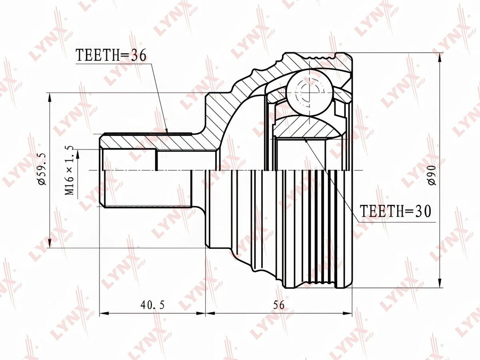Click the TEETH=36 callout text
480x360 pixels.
click(111, 55)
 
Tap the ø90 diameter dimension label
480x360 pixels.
click(432, 176)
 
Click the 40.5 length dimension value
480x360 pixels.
click(152, 305)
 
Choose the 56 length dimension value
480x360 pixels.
click(279, 305)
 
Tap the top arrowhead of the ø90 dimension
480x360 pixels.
click(440, 57)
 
